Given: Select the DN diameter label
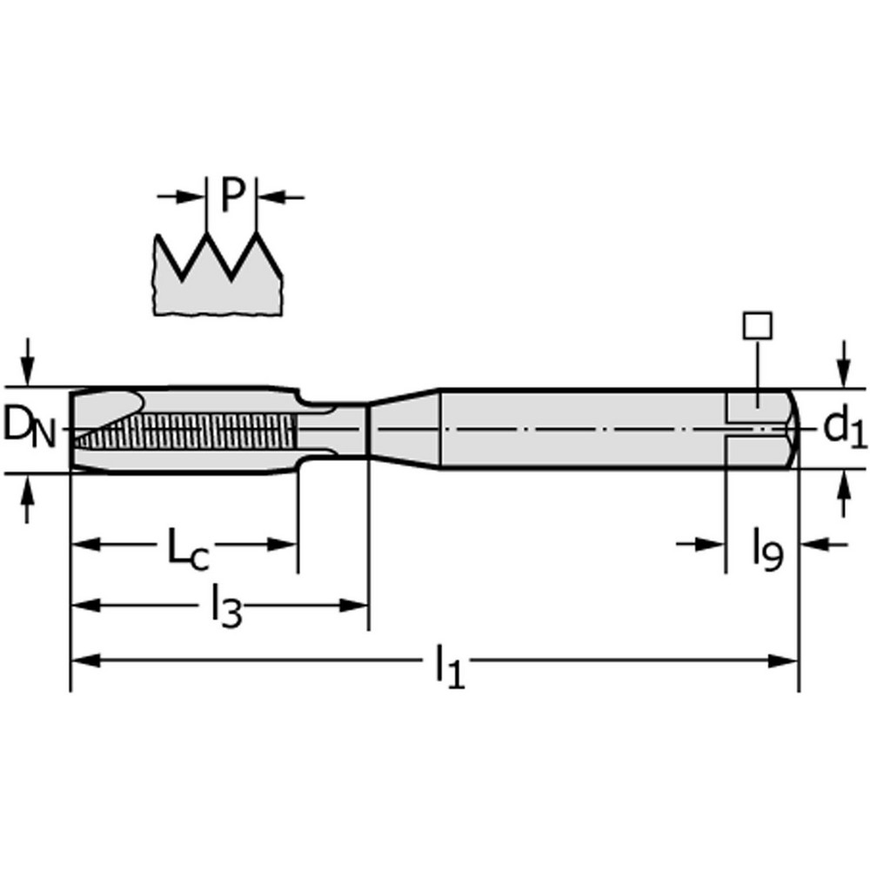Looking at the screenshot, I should point(29,427).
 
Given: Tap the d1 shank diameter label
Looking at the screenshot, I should point(843,427).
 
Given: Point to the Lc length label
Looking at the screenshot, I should point(187,551).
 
